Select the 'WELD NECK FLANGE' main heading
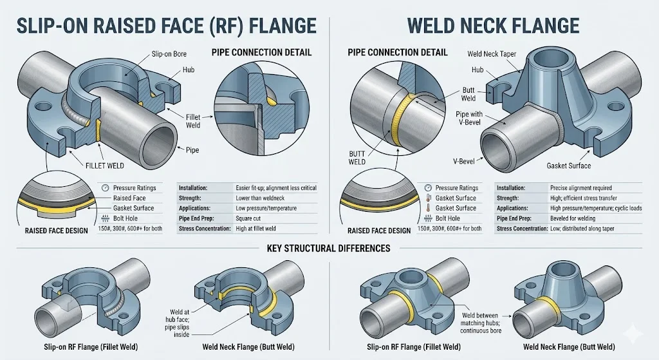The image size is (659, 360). click(x=494, y=26)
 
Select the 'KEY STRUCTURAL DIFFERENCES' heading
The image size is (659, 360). click(x=329, y=248)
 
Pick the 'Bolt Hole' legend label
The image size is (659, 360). click(x=128, y=218)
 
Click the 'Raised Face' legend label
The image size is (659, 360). click(x=131, y=198)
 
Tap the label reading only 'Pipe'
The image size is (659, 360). click(x=192, y=149)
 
